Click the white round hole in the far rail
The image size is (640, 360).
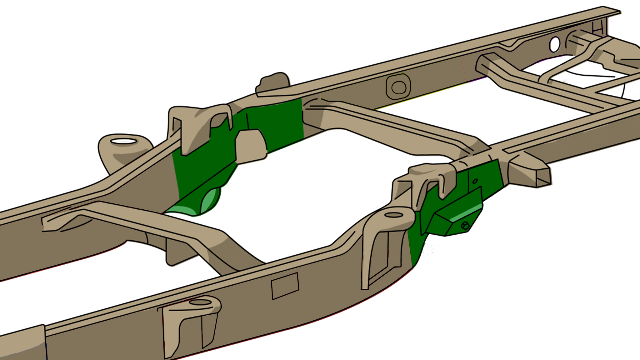point(555,45)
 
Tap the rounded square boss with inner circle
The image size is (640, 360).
point(398,87)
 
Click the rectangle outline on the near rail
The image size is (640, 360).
point(285,286)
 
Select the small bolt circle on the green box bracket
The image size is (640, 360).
point(465,226)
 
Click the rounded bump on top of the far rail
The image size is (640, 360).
point(273,82)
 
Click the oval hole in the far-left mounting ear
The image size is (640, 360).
point(124,141)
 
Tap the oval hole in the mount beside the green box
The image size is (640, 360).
point(394,215)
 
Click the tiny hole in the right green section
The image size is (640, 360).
point(475,181)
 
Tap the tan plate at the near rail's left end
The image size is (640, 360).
point(22,344)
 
